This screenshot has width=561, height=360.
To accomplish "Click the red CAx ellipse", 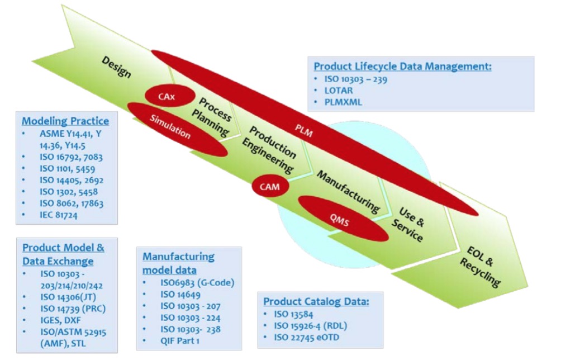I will tap(166, 97).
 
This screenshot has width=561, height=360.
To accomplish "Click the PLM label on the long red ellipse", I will tap(305, 133).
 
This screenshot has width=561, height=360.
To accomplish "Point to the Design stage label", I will tap(116, 66).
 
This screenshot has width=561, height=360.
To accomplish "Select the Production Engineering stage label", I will tap(272, 148).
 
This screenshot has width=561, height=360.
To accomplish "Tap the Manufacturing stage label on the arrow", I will tap(348, 190).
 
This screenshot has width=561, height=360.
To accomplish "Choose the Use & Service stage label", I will tap(411, 223).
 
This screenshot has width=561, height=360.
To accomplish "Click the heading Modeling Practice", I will tap(65, 121).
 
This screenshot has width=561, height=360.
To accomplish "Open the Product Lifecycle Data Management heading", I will tap(402, 66).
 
